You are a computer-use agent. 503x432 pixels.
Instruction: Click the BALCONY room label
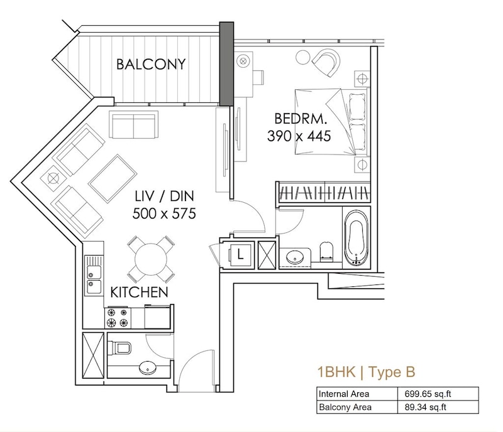tap(151, 64)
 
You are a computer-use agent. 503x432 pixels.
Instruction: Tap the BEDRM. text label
tap(301, 119)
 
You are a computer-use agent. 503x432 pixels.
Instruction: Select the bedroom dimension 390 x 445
tap(299, 136)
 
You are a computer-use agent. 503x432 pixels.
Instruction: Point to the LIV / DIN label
tap(164, 196)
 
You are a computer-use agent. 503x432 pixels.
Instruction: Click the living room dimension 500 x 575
tap(164, 213)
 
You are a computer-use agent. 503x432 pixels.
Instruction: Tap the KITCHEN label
tap(139, 292)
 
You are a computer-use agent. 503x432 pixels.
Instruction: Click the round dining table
tap(151, 259)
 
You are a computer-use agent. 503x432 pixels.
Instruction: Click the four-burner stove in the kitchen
tap(118, 318)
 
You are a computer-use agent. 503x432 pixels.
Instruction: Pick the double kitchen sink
tap(93, 276)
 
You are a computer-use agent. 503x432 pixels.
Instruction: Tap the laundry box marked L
tap(240, 255)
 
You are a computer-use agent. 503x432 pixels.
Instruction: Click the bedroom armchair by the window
tap(326, 62)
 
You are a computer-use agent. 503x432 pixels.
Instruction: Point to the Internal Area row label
tap(343, 394)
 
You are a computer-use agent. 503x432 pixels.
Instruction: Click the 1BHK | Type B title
tap(366, 372)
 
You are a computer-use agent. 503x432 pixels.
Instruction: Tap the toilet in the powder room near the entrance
tap(120, 348)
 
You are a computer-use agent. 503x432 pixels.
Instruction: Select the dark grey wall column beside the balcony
tap(226, 64)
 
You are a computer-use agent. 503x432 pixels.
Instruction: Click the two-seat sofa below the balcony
tap(134, 124)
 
